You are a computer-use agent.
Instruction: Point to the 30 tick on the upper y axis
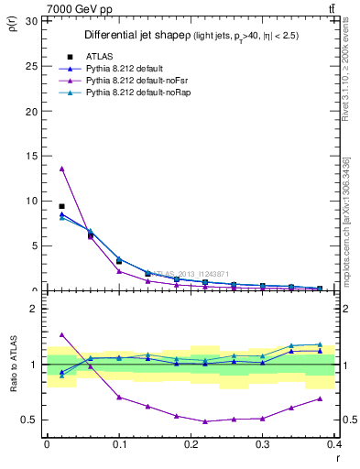(x=34, y=20)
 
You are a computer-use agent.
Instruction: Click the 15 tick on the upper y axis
(x=34, y=156)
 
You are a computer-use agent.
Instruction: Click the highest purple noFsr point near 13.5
(x=61, y=169)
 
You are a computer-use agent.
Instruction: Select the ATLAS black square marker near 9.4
(x=61, y=206)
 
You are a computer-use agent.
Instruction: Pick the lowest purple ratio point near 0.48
(x=205, y=421)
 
